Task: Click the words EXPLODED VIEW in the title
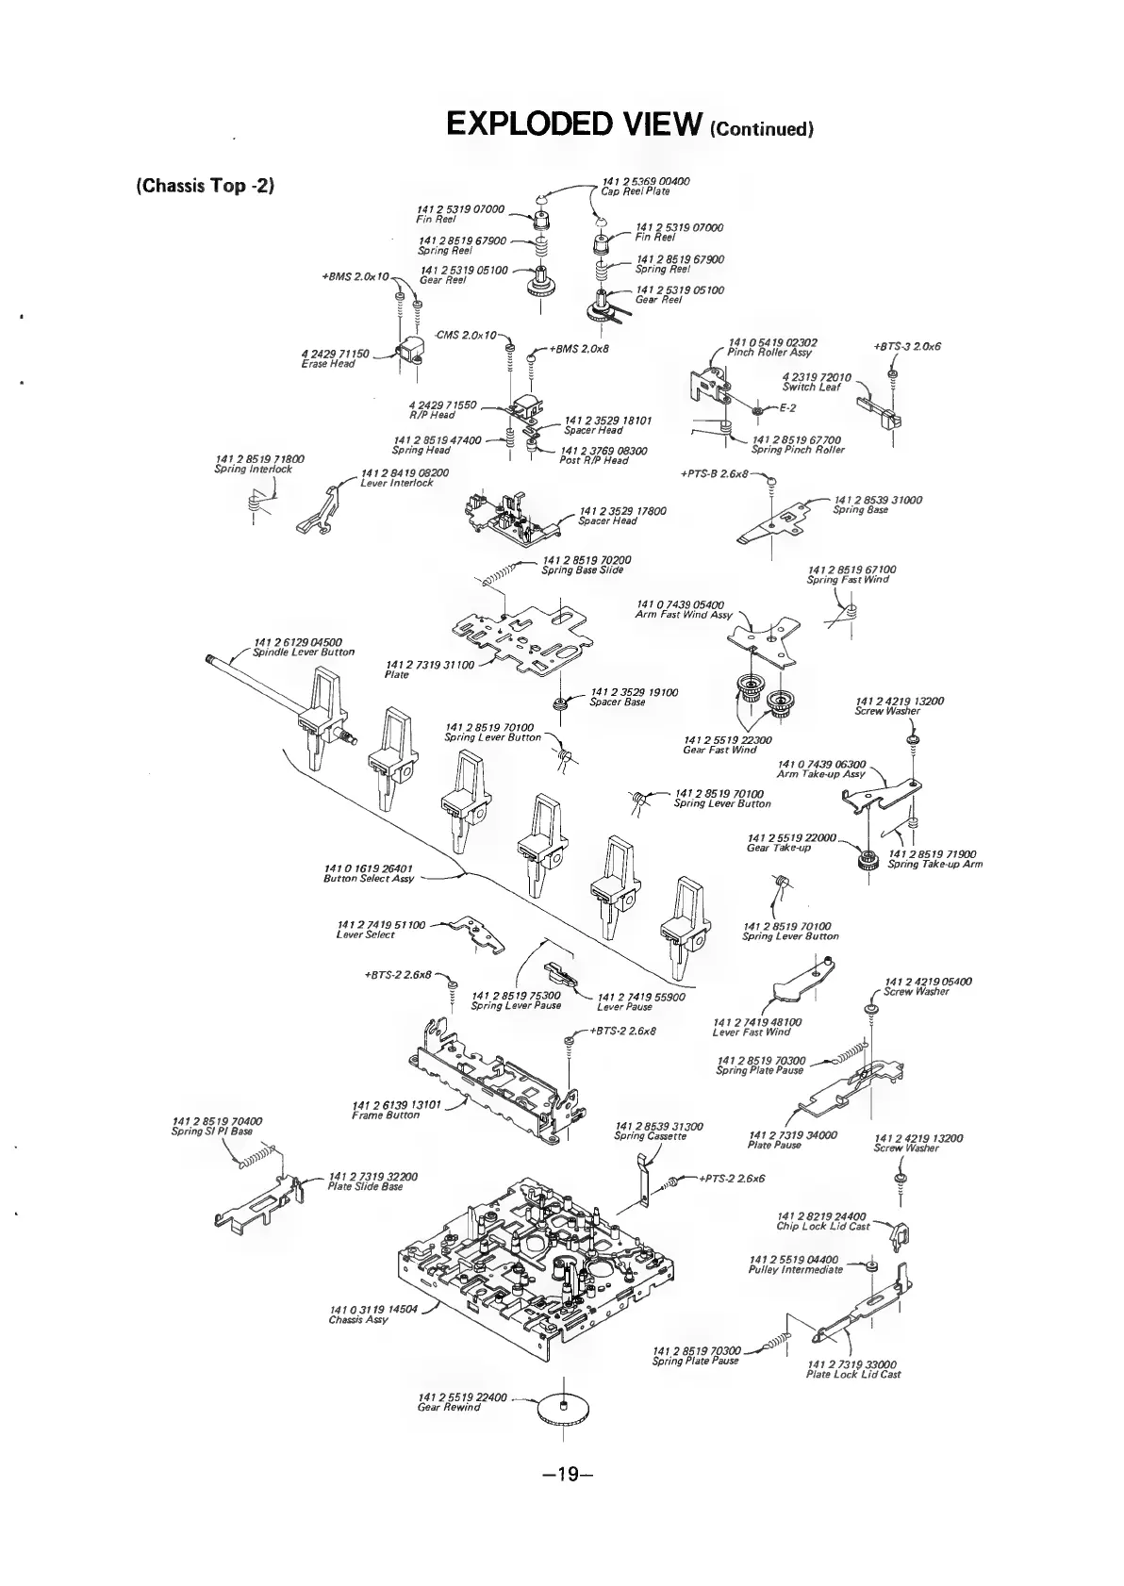(x=574, y=124)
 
